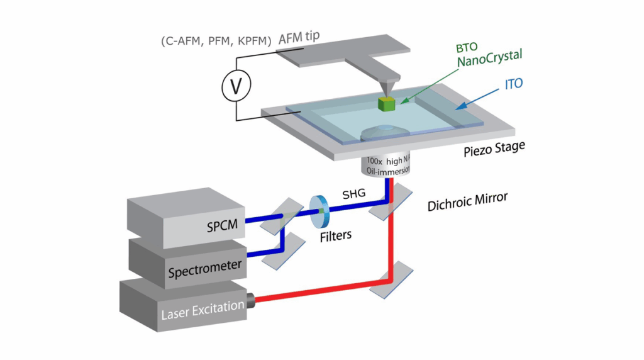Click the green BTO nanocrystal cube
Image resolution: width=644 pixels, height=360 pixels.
[387, 104]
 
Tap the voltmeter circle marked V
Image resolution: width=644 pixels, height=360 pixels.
[236, 86]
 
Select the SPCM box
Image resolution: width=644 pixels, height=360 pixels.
[186, 218]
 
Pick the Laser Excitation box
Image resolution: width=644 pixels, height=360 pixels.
[183, 306]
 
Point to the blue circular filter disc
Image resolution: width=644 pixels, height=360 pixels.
[319, 211]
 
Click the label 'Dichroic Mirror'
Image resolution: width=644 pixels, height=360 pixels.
[467, 202]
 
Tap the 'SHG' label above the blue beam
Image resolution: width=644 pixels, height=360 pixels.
[353, 194]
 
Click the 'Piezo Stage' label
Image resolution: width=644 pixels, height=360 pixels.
[494, 149]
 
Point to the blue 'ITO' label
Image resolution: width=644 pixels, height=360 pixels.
[513, 84]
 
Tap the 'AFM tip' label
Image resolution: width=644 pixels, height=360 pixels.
[299, 38]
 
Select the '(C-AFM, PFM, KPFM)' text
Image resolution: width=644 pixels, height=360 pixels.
[216, 41]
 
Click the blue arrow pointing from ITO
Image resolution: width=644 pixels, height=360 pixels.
[477, 99]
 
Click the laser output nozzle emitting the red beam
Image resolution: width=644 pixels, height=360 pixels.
[250, 301]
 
